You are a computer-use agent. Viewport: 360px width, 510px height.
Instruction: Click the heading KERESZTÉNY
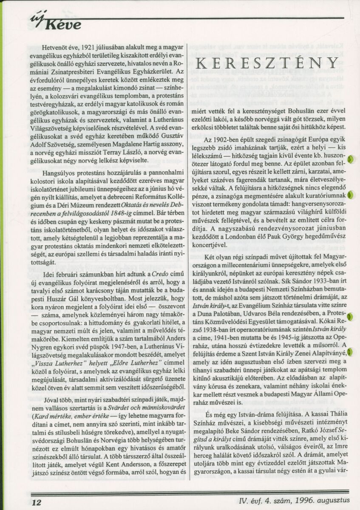[267, 62]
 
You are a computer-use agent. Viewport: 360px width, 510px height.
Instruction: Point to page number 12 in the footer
[36, 503]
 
